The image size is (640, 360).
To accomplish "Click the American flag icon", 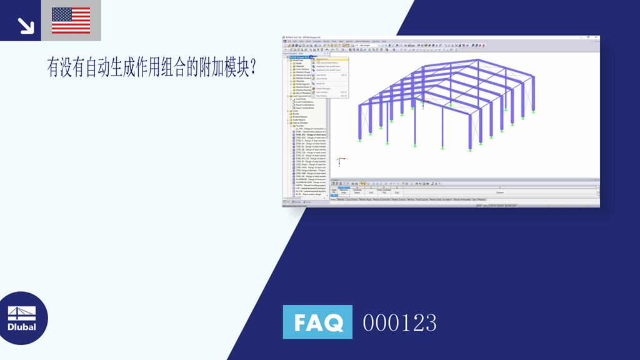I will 71,20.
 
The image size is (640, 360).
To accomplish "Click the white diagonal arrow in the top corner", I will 26,25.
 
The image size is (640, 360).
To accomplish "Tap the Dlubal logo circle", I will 24,318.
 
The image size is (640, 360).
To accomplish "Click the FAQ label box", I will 317,322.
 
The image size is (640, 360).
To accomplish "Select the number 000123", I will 399,322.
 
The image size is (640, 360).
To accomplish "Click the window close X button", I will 597,37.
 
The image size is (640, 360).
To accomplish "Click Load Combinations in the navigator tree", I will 305,102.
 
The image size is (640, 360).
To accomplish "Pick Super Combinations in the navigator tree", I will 305,108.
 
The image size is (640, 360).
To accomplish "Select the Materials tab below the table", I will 341,200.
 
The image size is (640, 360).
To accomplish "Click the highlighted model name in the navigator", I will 298,57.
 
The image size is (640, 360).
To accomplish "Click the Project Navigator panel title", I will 294,54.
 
